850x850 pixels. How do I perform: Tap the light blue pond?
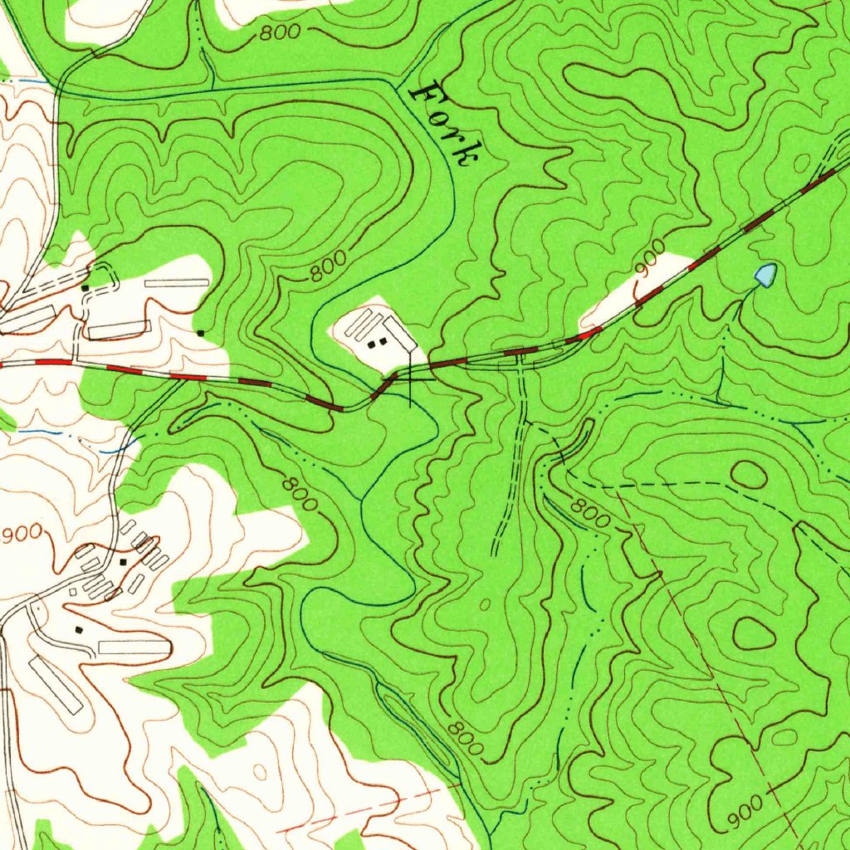tap(765, 275)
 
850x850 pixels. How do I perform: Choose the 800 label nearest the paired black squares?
tap(330, 268)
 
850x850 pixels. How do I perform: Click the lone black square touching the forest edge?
tap(201, 334)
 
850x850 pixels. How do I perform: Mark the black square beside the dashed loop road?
tap(85, 288)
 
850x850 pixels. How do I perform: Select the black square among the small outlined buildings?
tap(124, 562)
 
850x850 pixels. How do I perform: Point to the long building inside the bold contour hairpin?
tap(133, 646)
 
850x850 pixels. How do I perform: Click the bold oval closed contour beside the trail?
tap(749, 475)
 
